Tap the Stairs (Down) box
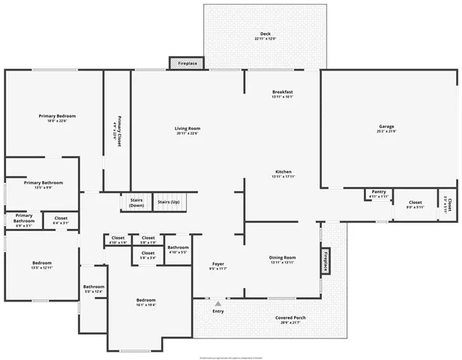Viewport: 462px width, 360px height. point(136,202)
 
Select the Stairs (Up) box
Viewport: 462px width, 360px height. point(168,202)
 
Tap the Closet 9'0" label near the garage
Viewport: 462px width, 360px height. point(415,204)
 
